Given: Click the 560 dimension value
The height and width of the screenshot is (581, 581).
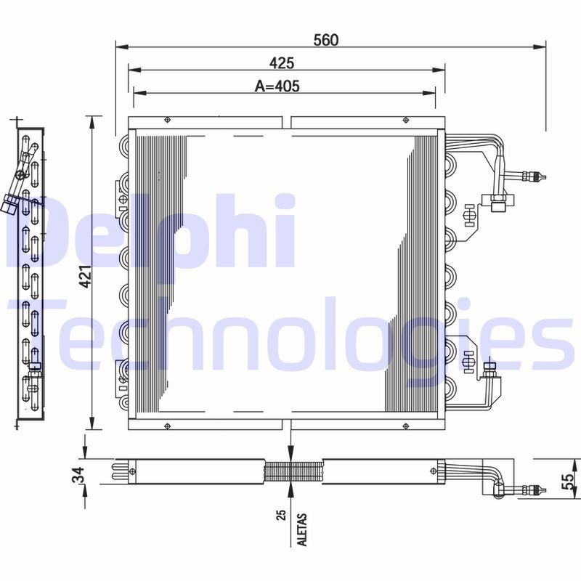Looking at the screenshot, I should [325, 40].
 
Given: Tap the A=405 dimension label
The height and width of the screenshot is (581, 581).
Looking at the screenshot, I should [277, 86].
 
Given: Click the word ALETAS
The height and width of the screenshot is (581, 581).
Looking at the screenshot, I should [302, 531].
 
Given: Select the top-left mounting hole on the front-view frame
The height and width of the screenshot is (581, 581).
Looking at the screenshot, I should [167, 121].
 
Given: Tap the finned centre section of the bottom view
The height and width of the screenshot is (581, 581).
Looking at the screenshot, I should [290, 471].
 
